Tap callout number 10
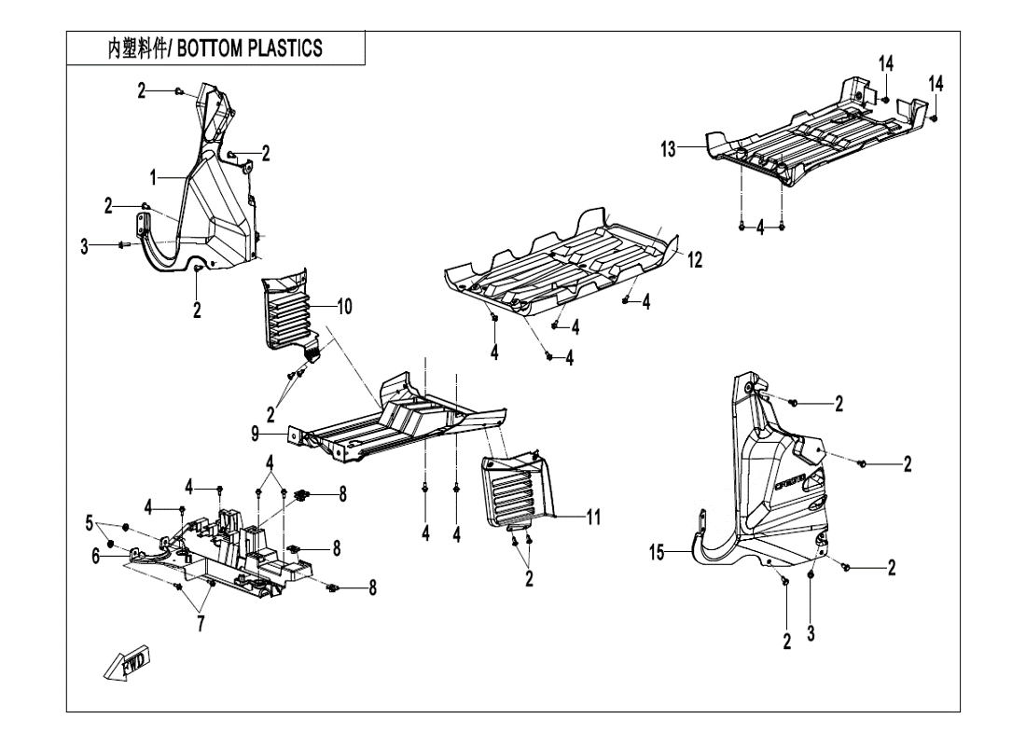345,307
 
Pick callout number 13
669,148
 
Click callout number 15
658,554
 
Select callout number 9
254,433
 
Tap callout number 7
200,624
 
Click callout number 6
97,555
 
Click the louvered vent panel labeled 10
288,312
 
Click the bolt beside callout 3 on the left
122,244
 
